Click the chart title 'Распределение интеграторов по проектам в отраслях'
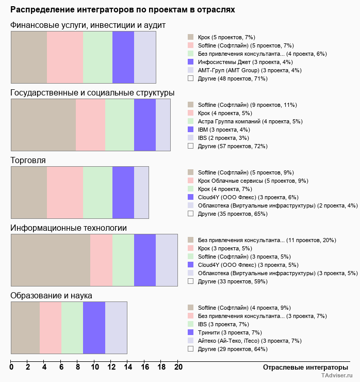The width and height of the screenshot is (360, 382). (x=122, y=10)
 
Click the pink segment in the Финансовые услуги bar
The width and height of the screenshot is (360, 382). (x=65, y=57)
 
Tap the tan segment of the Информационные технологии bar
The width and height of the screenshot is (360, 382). (x=51, y=260)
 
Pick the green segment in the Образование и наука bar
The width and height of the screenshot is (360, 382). (x=72, y=328)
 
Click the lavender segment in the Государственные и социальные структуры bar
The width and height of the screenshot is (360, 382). (x=163, y=124)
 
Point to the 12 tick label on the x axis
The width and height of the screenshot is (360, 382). (x=111, y=368)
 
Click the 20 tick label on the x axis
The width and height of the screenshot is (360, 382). (x=178, y=368)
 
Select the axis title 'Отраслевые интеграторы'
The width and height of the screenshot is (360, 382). (x=302, y=368)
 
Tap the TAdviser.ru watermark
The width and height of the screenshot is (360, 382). (x=336, y=376)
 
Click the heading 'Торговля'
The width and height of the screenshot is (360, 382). (x=28, y=161)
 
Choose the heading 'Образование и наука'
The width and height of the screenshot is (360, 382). (x=51, y=296)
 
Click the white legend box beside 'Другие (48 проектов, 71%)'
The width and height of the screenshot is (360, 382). (x=191, y=78)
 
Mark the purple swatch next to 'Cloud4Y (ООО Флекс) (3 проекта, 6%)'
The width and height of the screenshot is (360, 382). (x=191, y=197)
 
